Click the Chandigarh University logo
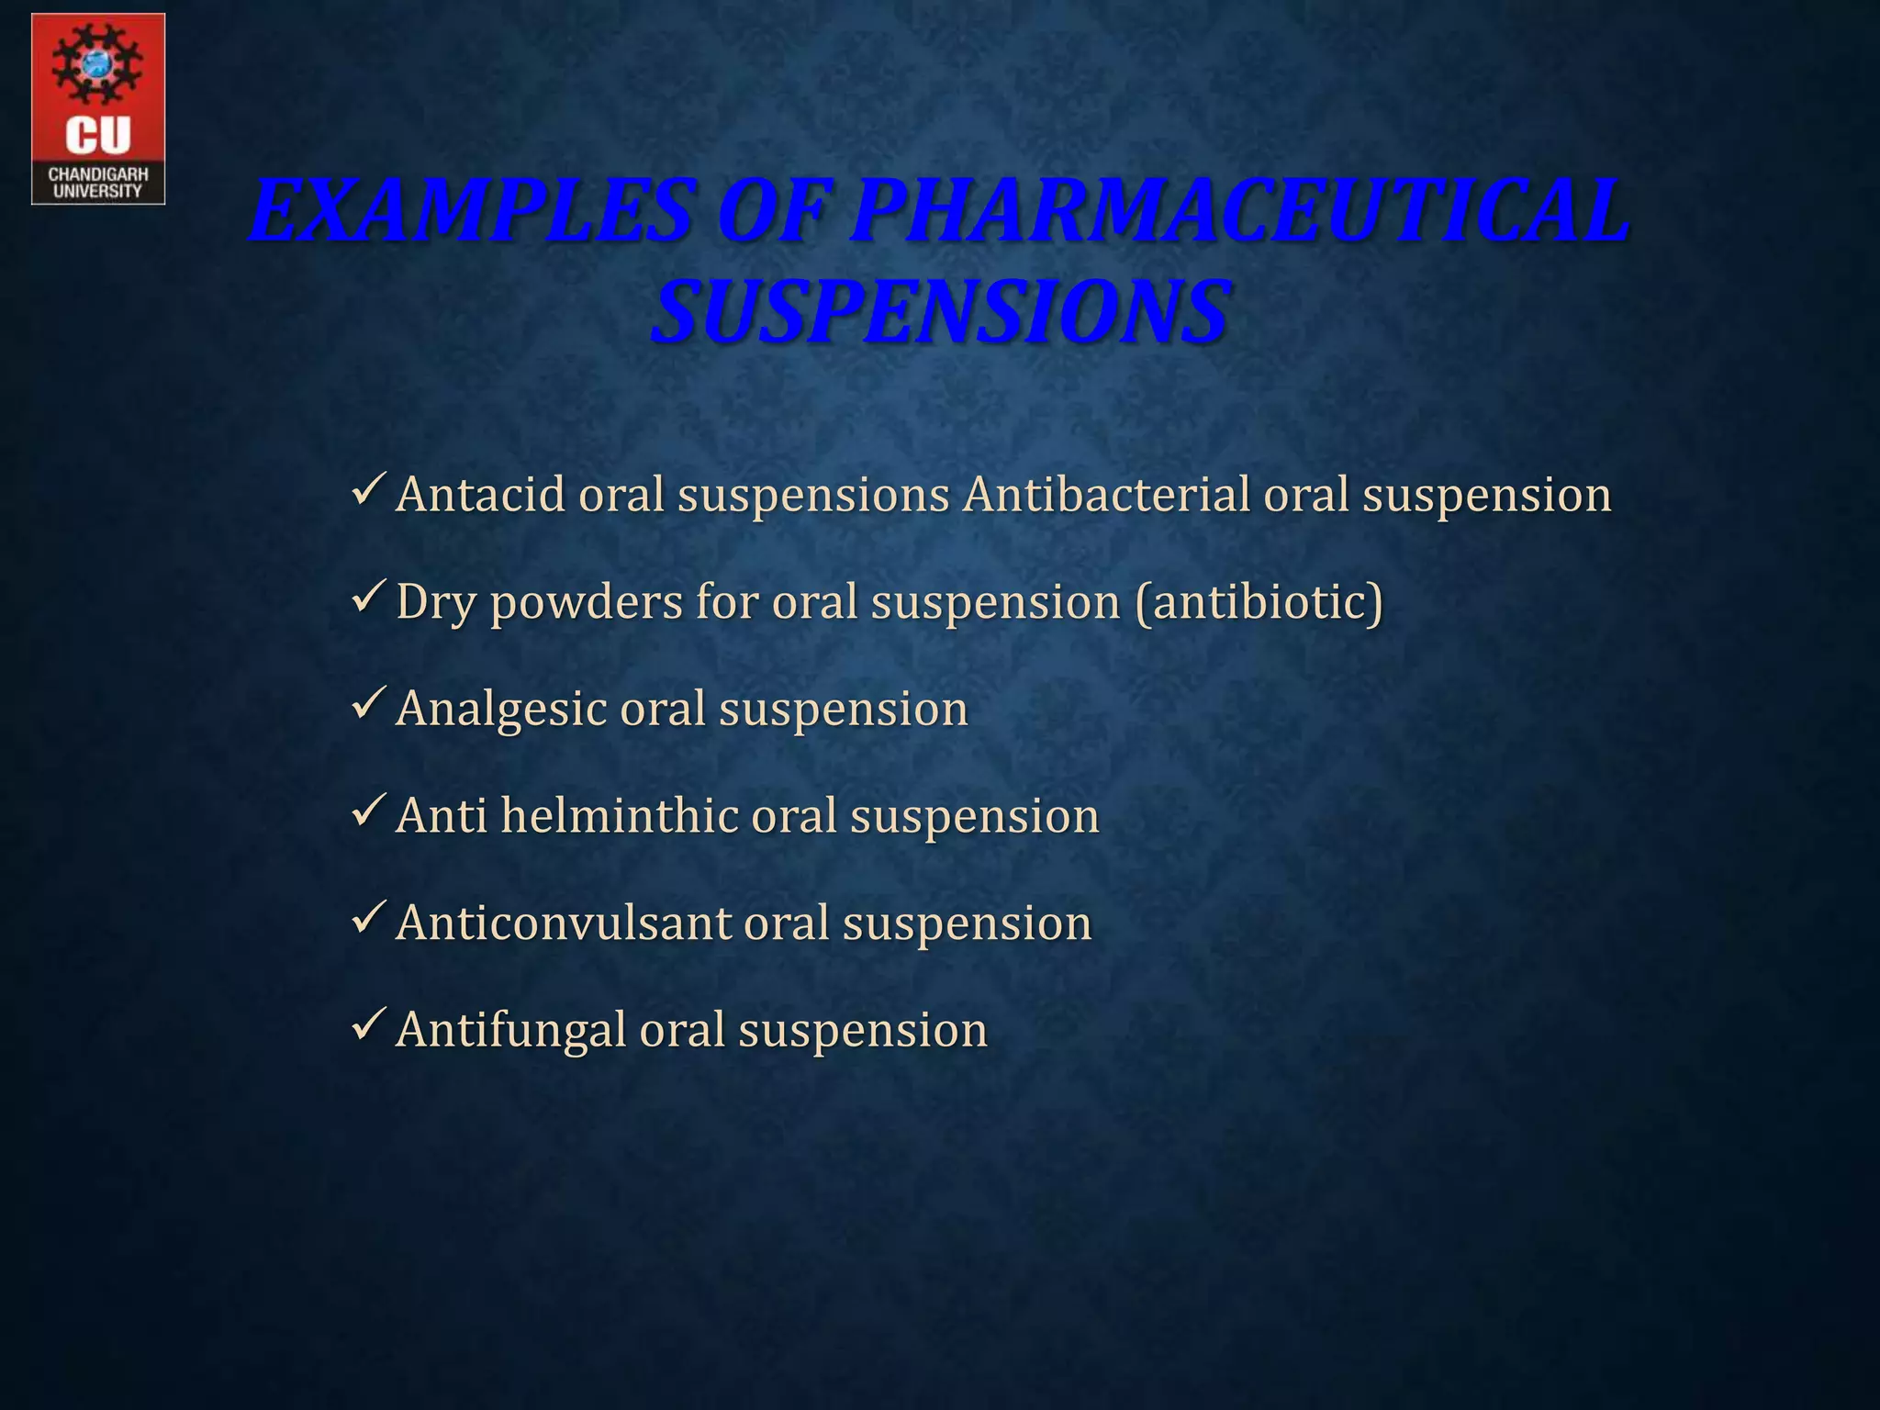click(98, 108)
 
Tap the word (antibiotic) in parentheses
click(1259, 603)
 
